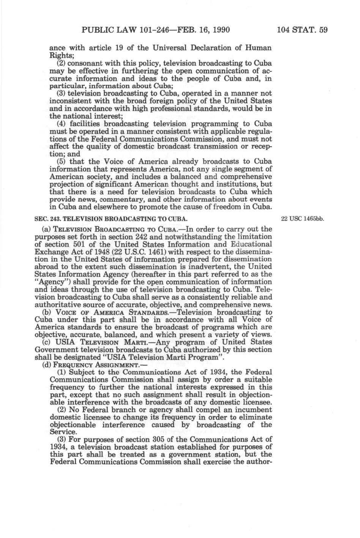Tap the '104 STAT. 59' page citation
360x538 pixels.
(302, 30)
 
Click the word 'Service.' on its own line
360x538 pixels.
(63, 432)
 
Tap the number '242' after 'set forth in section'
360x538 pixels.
(127, 237)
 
